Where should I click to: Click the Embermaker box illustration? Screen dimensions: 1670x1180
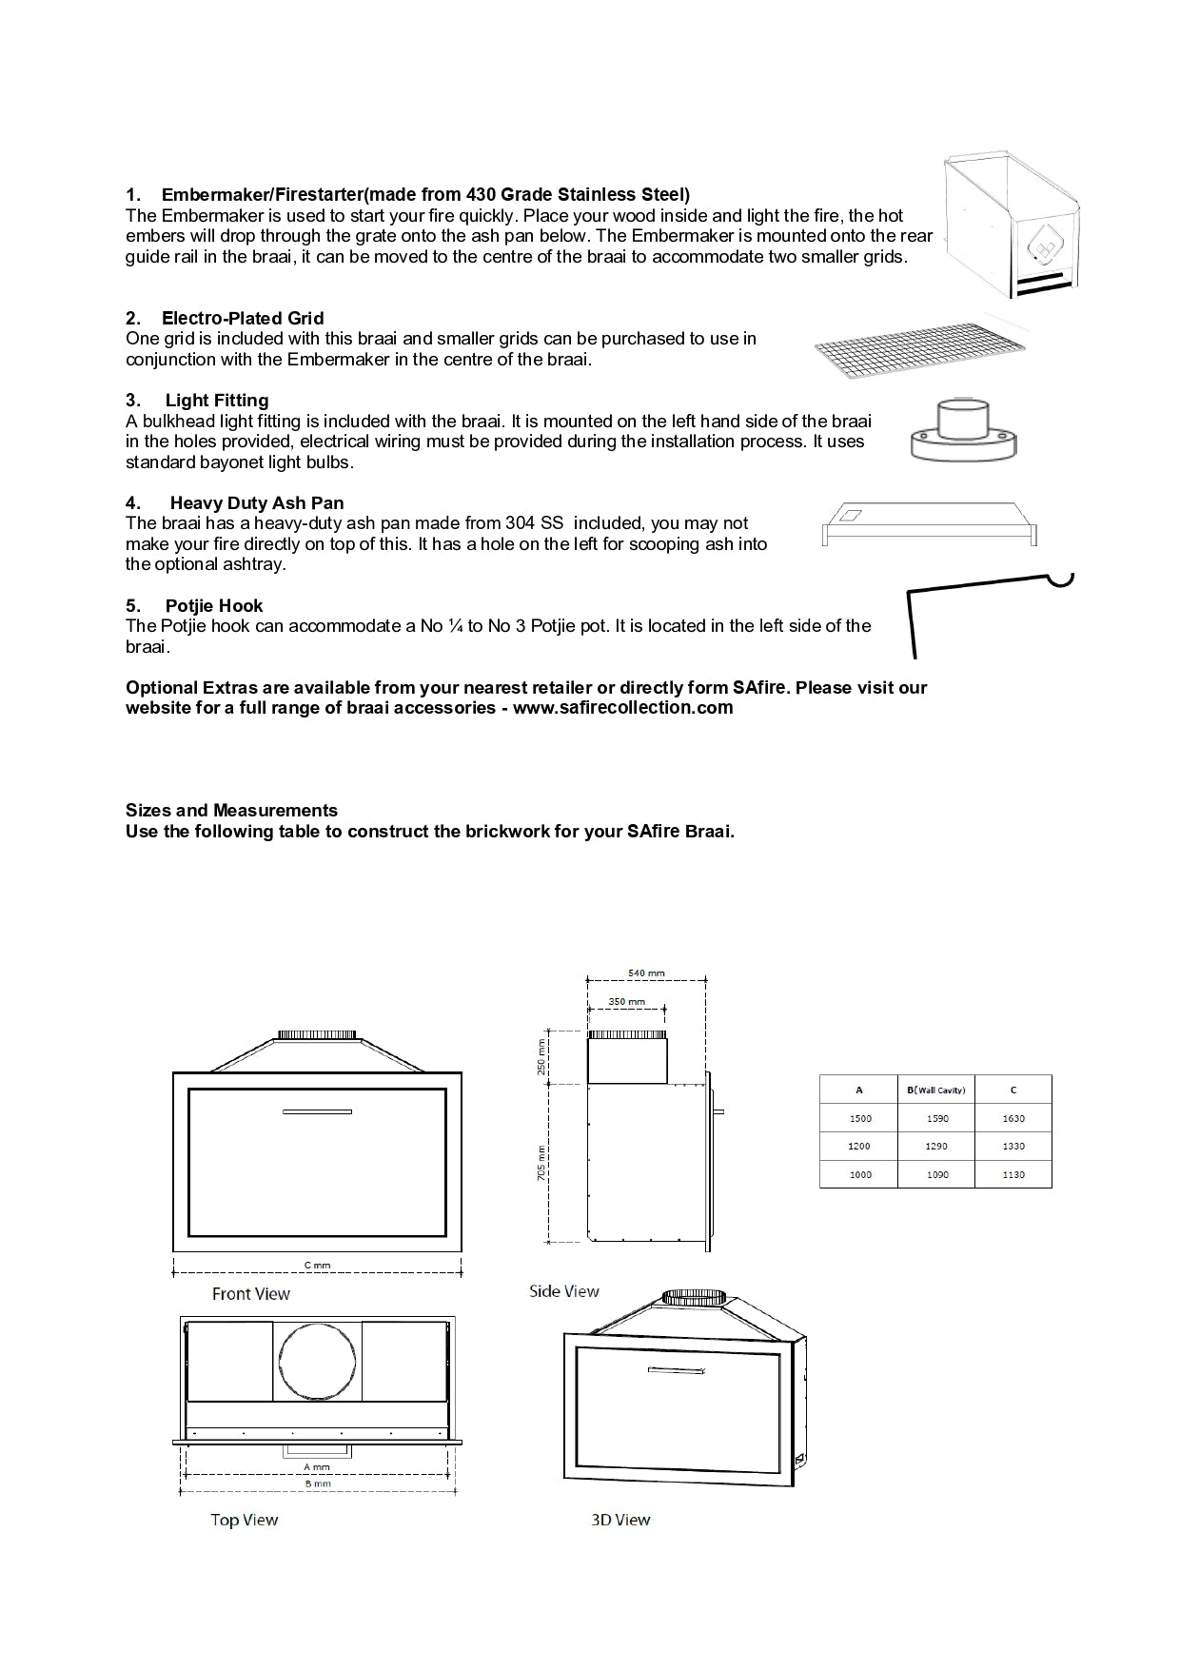1011,224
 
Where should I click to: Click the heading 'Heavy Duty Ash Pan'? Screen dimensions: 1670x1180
256,503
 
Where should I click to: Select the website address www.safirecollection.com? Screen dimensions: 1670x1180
622,708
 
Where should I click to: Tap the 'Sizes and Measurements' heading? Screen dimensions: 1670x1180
231,811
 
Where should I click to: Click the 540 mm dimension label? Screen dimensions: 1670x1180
646,973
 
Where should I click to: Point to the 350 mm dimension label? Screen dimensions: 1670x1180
626,1001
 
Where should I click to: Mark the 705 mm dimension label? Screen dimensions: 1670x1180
541,1163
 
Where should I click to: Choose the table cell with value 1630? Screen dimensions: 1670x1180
1013,1118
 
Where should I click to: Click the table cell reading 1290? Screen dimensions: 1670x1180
936,1147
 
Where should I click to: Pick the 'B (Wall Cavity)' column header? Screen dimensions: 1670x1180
936,1090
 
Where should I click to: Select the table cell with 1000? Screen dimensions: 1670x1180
859,1175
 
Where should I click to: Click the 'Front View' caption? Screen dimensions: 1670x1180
251,1294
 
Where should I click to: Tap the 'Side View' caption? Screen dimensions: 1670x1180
564,1291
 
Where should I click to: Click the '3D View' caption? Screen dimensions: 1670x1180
620,1520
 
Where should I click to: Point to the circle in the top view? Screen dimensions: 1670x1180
318,1361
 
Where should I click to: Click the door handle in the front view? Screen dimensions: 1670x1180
318,1111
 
